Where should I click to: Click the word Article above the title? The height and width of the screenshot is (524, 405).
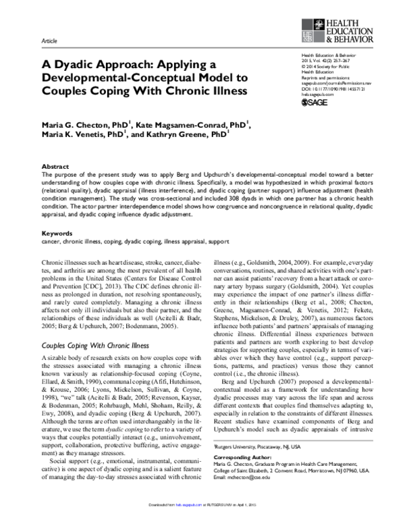49,41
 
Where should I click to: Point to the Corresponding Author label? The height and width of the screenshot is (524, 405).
244,457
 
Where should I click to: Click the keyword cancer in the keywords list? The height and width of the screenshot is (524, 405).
51,241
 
